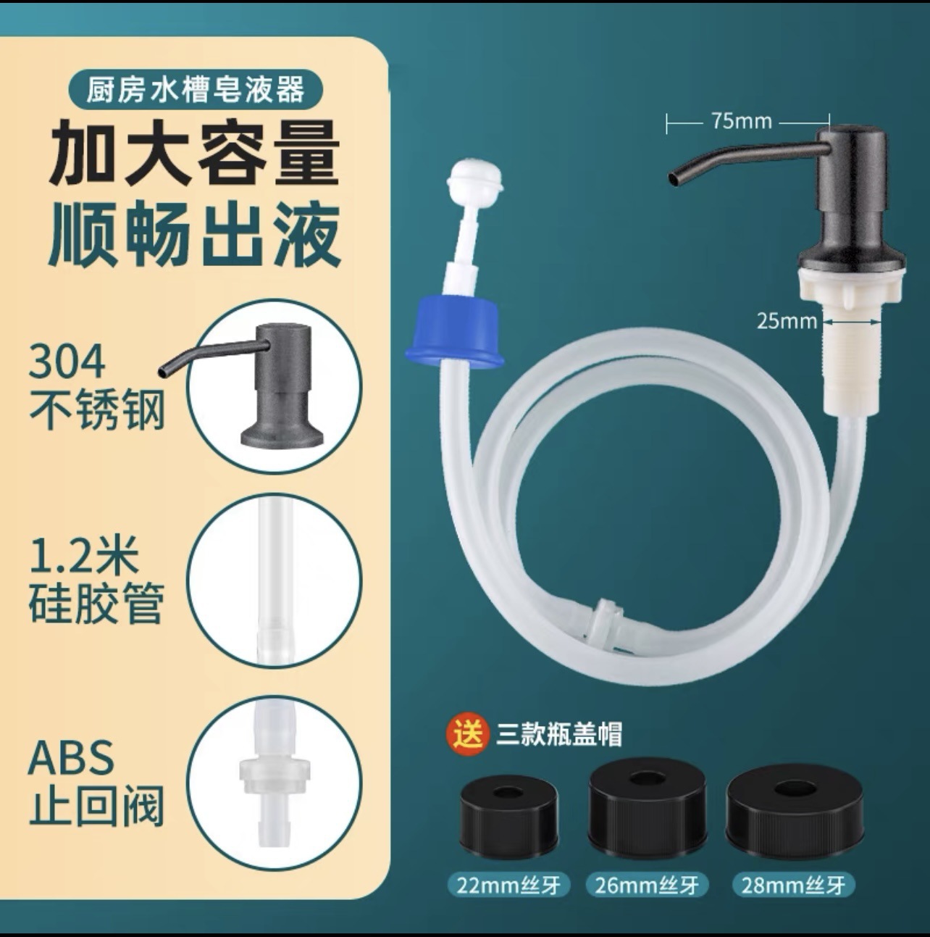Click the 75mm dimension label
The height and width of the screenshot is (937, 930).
click(x=742, y=121)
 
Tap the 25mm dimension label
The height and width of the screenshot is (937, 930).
click(x=787, y=321)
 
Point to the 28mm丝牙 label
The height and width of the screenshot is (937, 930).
click(x=793, y=885)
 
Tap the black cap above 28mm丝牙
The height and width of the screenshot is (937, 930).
click(x=790, y=806)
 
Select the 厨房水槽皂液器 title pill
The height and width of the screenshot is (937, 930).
click(x=196, y=89)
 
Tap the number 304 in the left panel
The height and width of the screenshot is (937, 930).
click(x=67, y=362)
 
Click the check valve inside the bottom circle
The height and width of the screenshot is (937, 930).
click(x=275, y=775)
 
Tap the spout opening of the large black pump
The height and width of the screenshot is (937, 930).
click(x=675, y=178)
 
